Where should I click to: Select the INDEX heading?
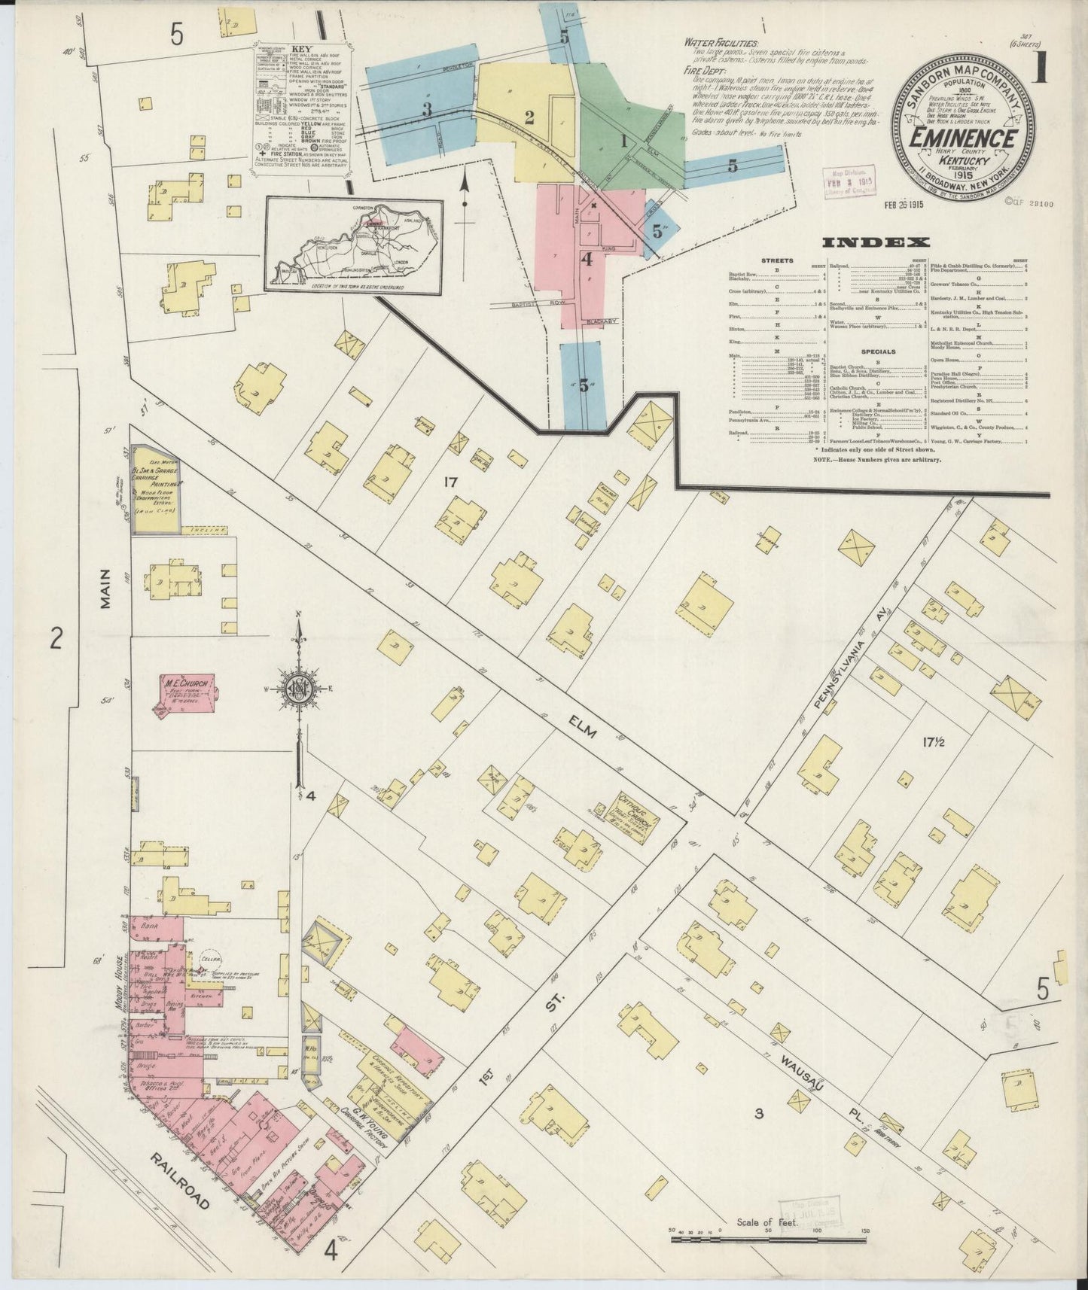coord(875,242)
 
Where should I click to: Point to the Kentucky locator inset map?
coord(353,243)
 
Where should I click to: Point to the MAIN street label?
coord(105,591)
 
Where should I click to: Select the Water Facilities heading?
coord(721,44)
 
